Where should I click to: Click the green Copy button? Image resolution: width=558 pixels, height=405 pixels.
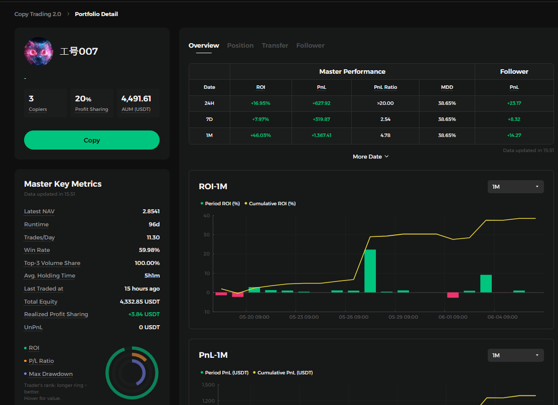(92, 140)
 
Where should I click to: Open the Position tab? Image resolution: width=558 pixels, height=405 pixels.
(240, 46)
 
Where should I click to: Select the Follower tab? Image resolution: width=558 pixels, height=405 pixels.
(310, 46)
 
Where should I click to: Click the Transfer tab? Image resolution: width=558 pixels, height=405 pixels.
(275, 46)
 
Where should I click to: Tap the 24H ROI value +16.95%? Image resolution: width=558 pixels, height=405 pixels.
(260, 103)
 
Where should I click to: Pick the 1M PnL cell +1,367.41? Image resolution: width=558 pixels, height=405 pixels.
(321, 135)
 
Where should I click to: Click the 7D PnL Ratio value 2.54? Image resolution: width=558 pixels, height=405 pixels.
(385, 119)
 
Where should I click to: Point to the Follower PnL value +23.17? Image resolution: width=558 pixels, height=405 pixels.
(514, 103)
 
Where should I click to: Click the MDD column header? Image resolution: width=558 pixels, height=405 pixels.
(447, 87)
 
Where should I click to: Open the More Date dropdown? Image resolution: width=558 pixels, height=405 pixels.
(371, 157)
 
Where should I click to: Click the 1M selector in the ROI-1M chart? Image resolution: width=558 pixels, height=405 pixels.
(516, 187)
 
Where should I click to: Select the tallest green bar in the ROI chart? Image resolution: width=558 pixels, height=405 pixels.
(370, 271)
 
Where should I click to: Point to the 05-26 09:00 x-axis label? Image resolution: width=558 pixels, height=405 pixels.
(354, 317)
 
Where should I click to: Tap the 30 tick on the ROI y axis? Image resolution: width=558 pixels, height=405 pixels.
(206, 235)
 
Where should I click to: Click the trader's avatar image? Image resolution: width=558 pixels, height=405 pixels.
(39, 52)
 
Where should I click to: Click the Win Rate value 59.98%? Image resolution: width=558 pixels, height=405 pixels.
(149, 250)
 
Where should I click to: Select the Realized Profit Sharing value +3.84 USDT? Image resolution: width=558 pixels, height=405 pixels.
(144, 314)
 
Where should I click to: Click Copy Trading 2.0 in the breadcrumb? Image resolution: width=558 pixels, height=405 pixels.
(38, 14)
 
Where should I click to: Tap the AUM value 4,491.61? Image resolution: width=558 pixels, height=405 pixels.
(136, 98)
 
